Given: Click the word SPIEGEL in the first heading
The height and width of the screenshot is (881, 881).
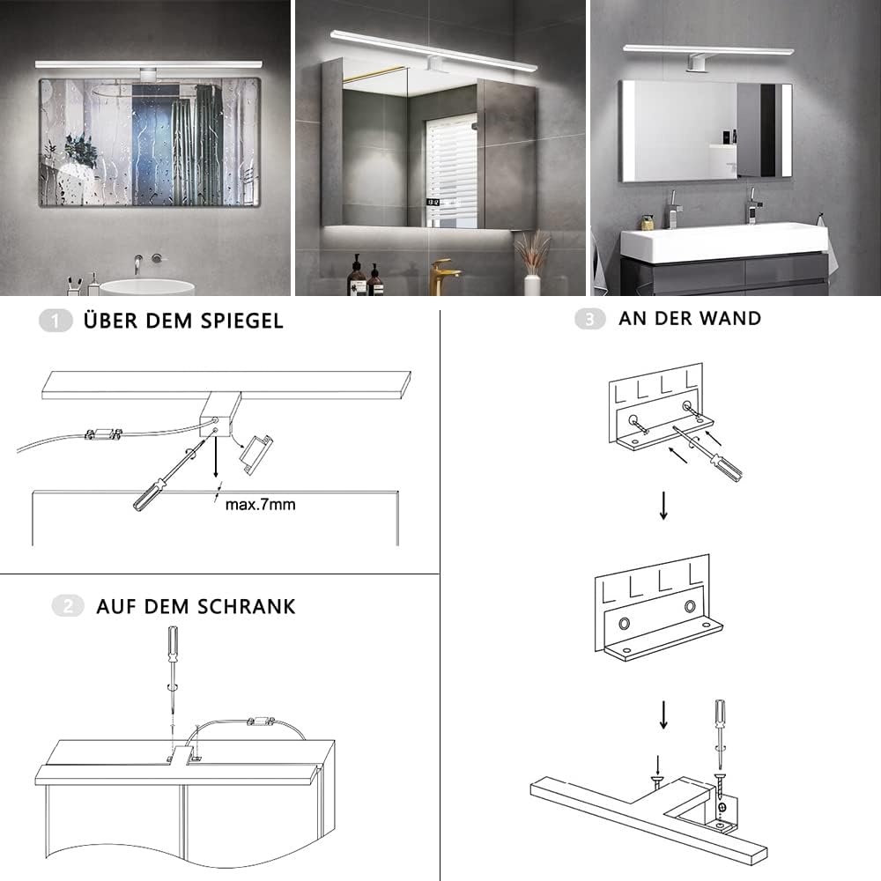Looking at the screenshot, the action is click(x=242, y=321).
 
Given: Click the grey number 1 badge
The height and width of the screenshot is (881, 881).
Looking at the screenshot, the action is click(x=55, y=321).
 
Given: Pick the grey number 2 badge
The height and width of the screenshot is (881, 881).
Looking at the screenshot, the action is click(x=68, y=606).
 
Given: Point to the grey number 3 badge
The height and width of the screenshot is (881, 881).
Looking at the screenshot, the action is click(x=590, y=319).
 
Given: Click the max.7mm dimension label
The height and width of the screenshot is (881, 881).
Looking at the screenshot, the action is click(x=260, y=505).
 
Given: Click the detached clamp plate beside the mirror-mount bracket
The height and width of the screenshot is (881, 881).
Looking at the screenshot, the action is click(x=256, y=455).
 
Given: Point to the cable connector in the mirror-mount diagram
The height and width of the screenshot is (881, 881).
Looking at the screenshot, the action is click(x=103, y=433).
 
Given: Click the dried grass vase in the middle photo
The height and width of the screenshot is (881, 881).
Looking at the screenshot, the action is click(x=531, y=263).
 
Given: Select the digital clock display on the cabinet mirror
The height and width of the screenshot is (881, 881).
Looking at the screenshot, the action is click(x=433, y=202).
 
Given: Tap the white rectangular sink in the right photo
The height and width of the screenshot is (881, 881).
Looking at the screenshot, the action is click(x=724, y=241).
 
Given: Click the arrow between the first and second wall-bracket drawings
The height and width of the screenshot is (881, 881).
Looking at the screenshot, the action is click(x=663, y=506).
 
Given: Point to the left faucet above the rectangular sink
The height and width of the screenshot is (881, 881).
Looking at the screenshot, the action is click(x=673, y=211).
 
